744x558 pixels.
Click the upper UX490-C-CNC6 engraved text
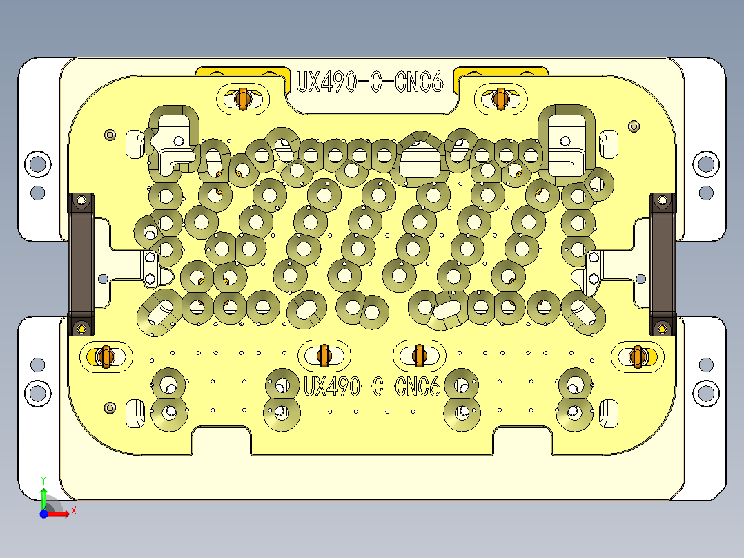(x=369, y=82)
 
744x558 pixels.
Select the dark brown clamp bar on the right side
(x=663, y=262)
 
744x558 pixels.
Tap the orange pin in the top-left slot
(x=242, y=99)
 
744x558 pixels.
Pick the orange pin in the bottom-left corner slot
(x=105, y=356)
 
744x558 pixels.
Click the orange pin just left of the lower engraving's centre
(x=323, y=355)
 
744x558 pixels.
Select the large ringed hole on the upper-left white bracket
(x=37, y=164)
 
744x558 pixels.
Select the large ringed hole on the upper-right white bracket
(x=705, y=164)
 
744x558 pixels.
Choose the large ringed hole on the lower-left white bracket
(x=37, y=394)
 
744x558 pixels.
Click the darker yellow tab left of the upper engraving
(x=242, y=71)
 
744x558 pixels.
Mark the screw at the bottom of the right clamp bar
(x=663, y=326)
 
